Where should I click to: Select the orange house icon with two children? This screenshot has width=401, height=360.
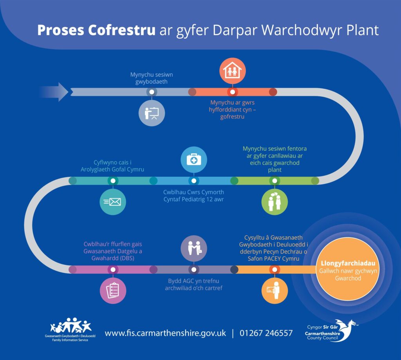[233, 70]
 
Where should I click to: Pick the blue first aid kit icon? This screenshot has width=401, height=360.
[193, 159]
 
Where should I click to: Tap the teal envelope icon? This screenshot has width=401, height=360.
[113, 202]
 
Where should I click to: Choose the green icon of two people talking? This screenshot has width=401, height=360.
[274, 202]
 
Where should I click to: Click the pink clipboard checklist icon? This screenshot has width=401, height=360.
[113, 290]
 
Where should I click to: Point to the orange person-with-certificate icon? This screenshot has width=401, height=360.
[274, 290]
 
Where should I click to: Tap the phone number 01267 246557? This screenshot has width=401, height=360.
[266, 333]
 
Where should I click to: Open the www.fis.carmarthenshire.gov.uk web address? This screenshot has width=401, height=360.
[165, 333]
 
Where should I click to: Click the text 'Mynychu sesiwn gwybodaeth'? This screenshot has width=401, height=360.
[152, 77]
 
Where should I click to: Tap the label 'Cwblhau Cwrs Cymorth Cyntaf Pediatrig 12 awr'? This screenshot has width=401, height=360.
[193, 196]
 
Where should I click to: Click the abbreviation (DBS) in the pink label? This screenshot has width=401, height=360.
[128, 258]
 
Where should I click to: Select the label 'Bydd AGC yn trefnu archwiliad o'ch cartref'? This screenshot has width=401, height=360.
[193, 285]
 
